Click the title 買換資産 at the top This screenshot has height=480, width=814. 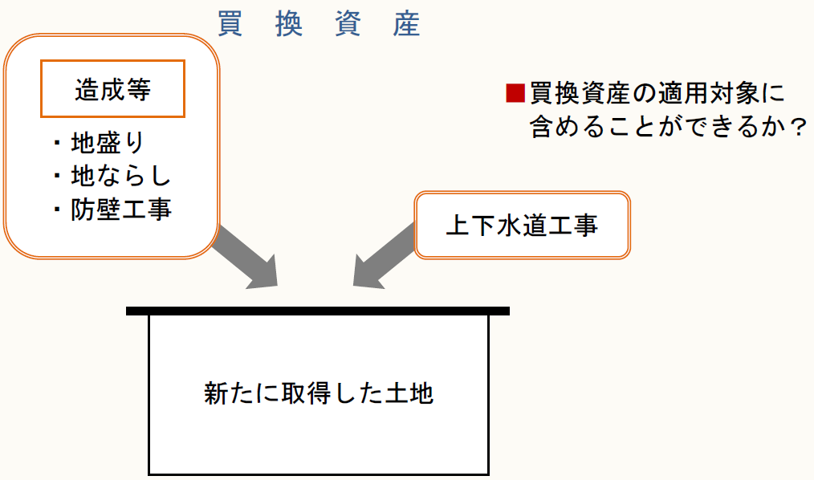click(x=319, y=24)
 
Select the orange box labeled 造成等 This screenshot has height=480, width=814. click(x=113, y=88)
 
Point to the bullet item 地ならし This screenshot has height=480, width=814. click(x=120, y=176)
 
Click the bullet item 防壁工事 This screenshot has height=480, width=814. click(x=120, y=209)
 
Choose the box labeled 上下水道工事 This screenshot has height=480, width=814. click(x=522, y=225)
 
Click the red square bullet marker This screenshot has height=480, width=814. click(x=514, y=92)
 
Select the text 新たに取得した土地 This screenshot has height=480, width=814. click(x=319, y=394)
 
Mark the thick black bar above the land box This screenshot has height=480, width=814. click(x=318, y=311)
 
